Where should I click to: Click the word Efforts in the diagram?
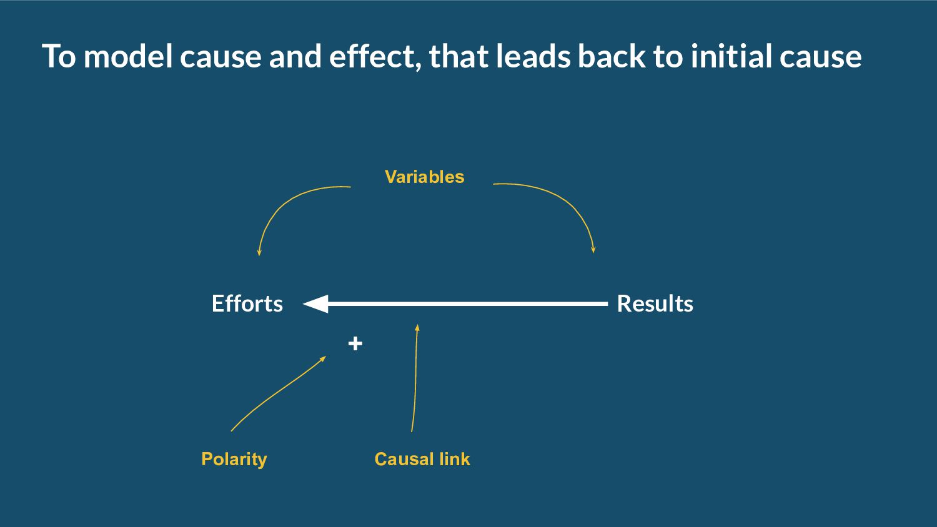pos(247,303)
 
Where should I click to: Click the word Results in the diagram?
pos(655,303)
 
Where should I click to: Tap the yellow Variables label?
pos(424,177)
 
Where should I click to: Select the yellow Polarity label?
pos(234,459)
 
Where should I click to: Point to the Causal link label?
pos(422,459)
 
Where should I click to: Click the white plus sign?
pos(355,343)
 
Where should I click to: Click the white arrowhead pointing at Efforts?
pos(316,304)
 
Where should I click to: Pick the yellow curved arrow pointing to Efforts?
pos(281,206)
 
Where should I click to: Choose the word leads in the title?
pos(532,56)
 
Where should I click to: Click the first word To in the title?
pos(58,56)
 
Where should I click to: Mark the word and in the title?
pos(295,56)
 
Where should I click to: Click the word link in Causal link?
pos(454,459)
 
